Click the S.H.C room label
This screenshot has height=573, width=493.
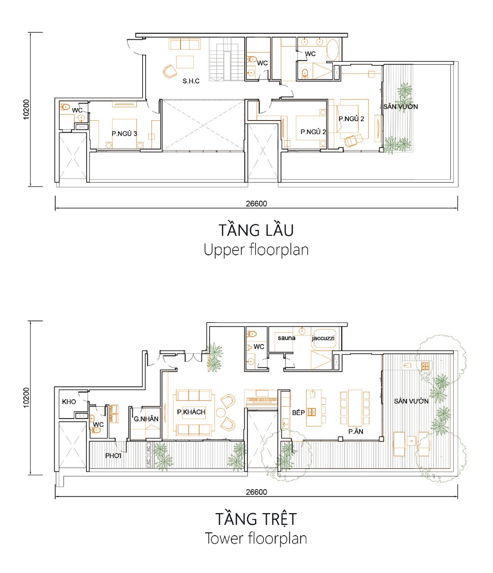[191, 81]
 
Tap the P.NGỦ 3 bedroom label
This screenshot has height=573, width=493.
[124, 134]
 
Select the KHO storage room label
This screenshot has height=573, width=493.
[69, 402]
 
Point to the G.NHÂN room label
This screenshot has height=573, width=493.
[146, 419]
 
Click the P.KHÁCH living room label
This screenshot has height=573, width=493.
[191, 412]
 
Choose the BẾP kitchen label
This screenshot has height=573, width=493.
[298, 412]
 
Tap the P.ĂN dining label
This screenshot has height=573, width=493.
[356, 432]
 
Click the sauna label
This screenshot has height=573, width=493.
[287, 338]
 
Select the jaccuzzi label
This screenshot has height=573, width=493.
[323, 338]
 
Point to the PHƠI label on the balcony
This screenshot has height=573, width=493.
[113, 456]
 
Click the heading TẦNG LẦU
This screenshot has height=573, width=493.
[256, 230]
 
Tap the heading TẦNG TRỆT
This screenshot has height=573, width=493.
[256, 519]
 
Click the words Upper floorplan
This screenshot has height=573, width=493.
[256, 250]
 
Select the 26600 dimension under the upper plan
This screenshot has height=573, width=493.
[256, 204]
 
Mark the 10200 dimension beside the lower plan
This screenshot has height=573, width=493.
[26, 398]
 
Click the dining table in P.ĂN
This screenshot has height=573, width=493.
[355, 408]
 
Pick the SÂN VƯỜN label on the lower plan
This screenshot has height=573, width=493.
[411, 401]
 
